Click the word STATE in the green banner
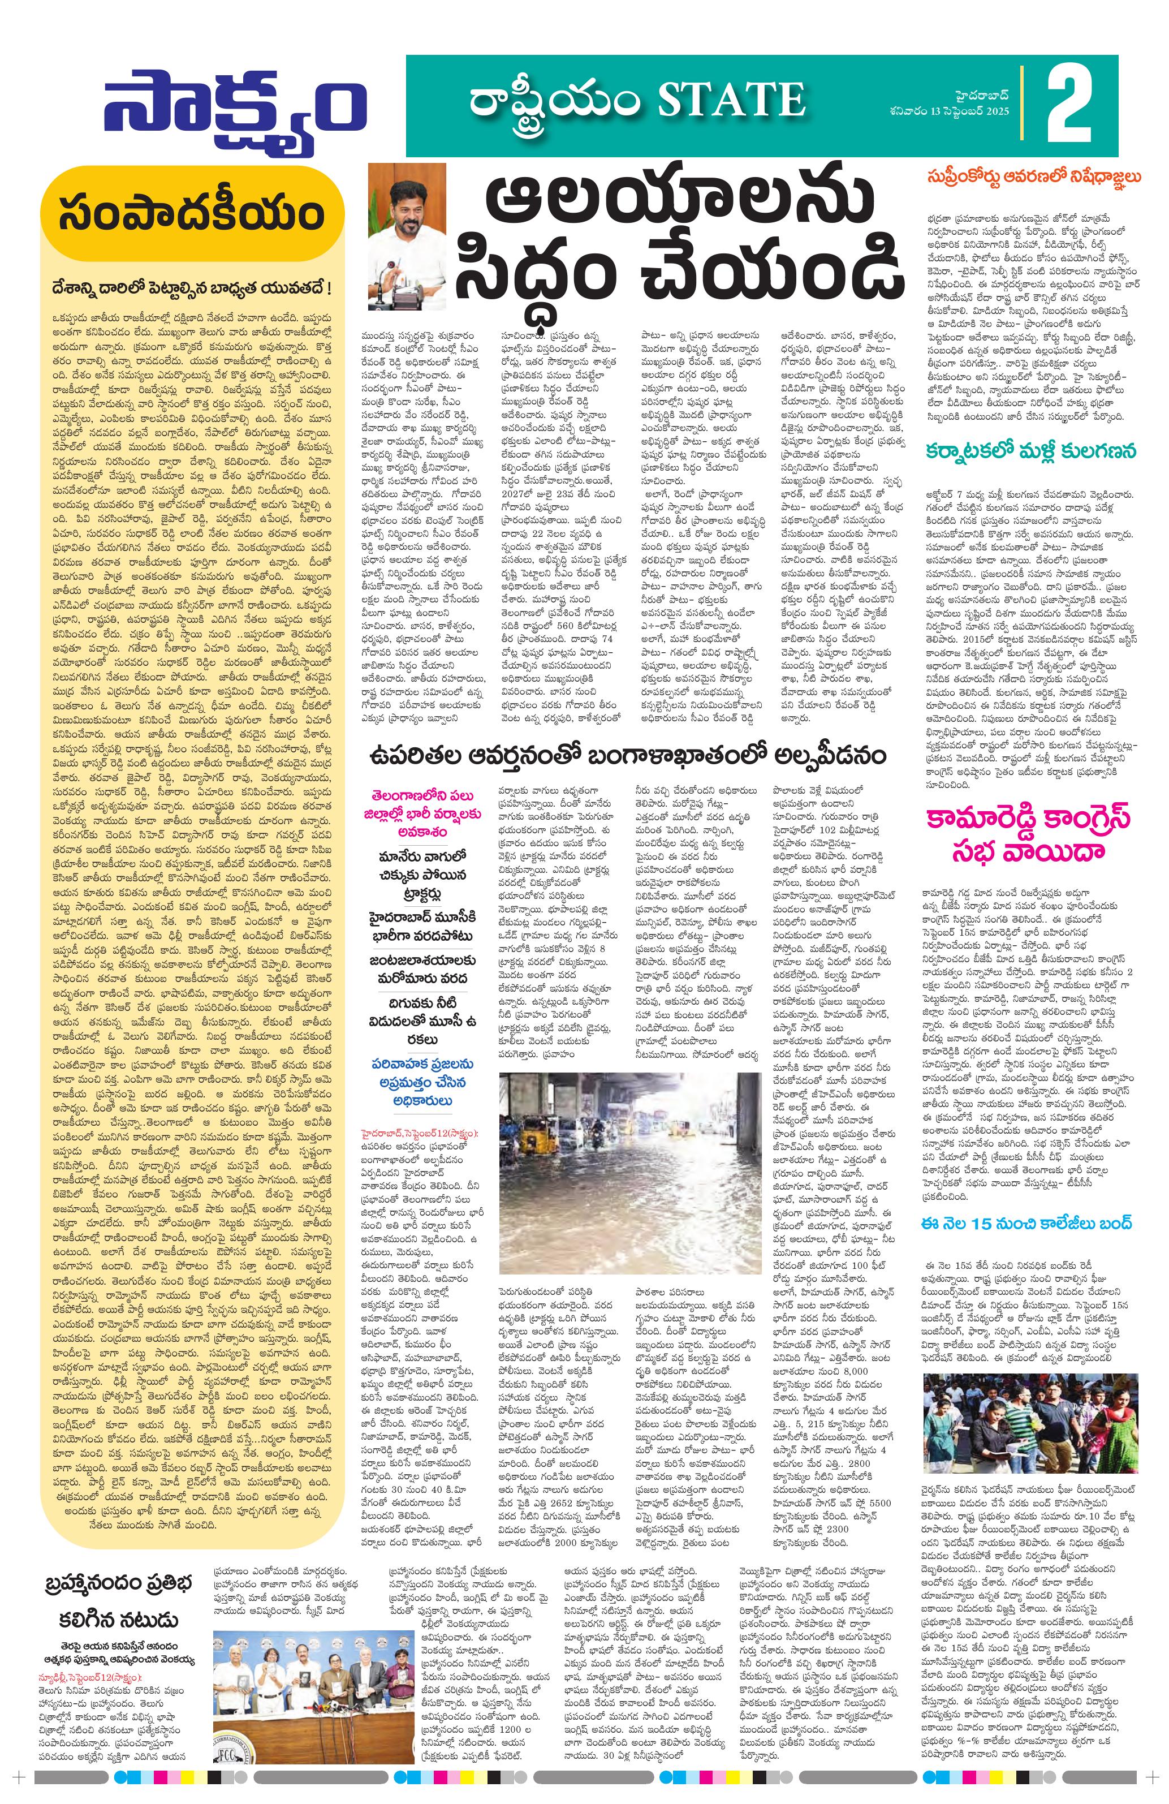(x=730, y=101)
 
